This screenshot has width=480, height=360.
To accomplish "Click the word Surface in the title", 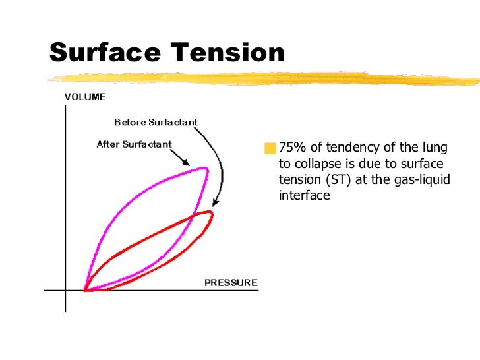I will tap(105, 53).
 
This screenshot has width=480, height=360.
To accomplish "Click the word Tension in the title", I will tap(225, 53).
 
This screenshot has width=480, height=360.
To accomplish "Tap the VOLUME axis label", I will tap(84, 96).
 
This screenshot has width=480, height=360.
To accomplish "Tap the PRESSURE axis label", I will tap(231, 283).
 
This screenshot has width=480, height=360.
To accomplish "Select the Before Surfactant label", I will tap(156, 122).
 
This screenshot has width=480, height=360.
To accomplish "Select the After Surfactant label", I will tap(134, 144).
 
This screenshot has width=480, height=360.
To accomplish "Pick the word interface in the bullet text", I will tap(304, 196).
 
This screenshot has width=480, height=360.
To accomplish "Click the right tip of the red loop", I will tap(212, 214).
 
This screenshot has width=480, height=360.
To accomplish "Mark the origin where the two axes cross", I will tap(65, 290).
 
